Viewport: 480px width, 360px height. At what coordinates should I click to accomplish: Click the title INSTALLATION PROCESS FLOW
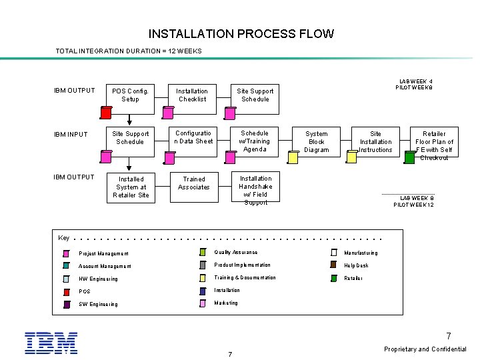pyautogui.click(x=241, y=33)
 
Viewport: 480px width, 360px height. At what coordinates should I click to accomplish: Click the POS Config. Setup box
pyautogui.click(x=130, y=95)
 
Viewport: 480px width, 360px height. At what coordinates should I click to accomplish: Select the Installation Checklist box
pyautogui.click(x=192, y=95)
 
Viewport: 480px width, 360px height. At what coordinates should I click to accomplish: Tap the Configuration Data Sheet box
pyautogui.click(x=193, y=137)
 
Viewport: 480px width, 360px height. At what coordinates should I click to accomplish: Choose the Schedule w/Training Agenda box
pyautogui.click(x=255, y=141)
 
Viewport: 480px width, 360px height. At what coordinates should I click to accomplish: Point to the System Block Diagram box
pyautogui.click(x=316, y=142)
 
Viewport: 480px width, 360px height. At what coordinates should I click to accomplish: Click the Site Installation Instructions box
pyautogui.click(x=376, y=142)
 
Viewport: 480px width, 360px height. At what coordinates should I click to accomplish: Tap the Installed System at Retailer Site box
pyautogui.click(x=131, y=187)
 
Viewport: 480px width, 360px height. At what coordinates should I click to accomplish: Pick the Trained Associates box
pyautogui.click(x=193, y=183)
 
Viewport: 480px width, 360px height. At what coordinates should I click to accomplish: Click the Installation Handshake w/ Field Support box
pyautogui.click(x=255, y=190)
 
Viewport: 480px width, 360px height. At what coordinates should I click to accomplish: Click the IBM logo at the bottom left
pyautogui.click(x=51, y=342)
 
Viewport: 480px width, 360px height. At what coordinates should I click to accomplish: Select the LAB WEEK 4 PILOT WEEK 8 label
pyautogui.click(x=415, y=84)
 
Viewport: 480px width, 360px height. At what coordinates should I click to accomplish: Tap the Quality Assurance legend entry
pyautogui.click(x=235, y=253)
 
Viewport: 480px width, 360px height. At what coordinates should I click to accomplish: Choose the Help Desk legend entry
pyautogui.click(x=356, y=265)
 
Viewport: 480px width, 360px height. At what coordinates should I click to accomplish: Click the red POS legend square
pyautogui.click(x=66, y=292)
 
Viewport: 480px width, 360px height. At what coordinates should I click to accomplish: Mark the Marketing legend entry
pyautogui.click(x=225, y=303)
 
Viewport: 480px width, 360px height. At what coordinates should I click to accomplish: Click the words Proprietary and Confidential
pyautogui.click(x=425, y=349)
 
